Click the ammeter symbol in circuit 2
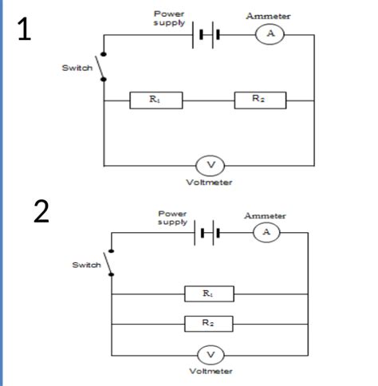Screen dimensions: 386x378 click(x=266, y=232)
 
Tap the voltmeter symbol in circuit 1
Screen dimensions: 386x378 click(x=211, y=165)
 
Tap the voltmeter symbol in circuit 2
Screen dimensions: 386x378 click(x=211, y=355)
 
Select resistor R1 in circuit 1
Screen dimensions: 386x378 click(x=156, y=100)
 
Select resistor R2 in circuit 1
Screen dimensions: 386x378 click(x=259, y=100)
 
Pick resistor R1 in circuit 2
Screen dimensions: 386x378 click(x=209, y=293)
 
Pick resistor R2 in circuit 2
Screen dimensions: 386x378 click(x=209, y=324)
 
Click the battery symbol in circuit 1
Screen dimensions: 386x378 click(x=205, y=36)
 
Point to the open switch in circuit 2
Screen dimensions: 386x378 click(x=108, y=262)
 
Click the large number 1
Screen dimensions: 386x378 click(x=26, y=29)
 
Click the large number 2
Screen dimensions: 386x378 click(x=41, y=212)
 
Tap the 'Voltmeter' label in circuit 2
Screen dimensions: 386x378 click(x=211, y=372)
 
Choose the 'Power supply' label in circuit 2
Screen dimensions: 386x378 click(x=172, y=218)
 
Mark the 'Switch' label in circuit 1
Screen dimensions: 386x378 click(x=77, y=68)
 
